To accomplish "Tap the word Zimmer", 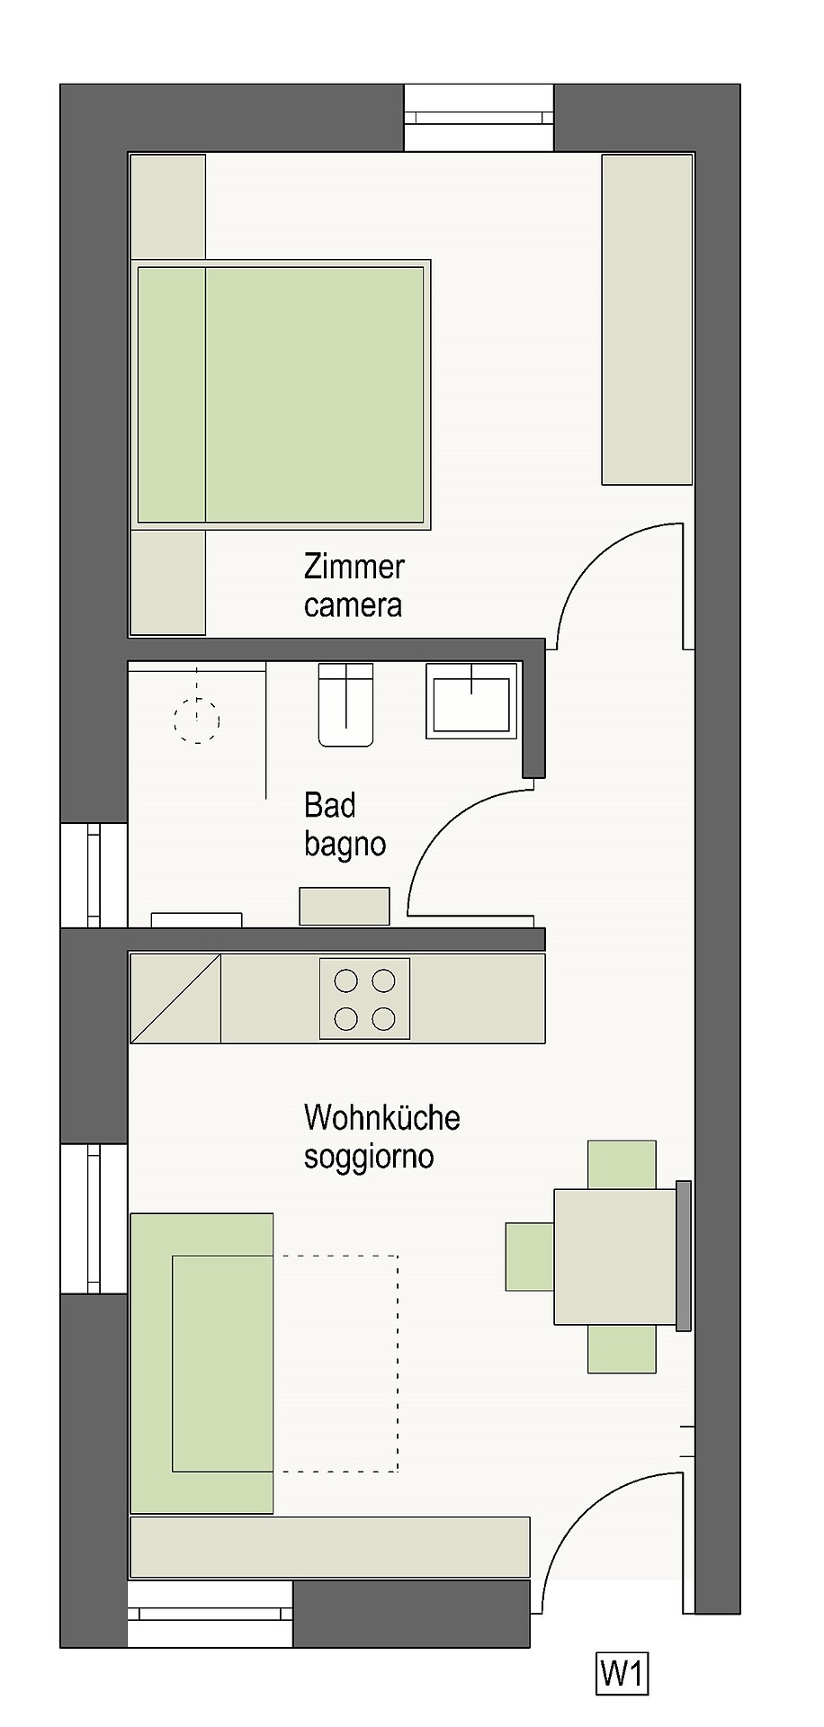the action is (x=354, y=567).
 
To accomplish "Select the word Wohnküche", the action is (x=382, y=1117).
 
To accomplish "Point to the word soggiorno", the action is (x=369, y=1157).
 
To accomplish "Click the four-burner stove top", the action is (x=365, y=998).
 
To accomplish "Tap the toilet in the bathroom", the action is (x=346, y=704).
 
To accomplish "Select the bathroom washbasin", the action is (x=472, y=701).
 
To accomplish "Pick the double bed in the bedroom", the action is (x=281, y=395).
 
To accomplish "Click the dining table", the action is (x=616, y=1257).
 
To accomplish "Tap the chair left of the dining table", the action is (x=530, y=1257).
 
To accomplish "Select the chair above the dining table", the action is (x=622, y=1165).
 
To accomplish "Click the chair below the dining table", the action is (x=622, y=1348).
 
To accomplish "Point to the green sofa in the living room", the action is (x=202, y=1364).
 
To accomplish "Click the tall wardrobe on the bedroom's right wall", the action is (x=647, y=319).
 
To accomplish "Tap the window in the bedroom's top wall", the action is (x=479, y=118).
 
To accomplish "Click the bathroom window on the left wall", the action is (x=94, y=874).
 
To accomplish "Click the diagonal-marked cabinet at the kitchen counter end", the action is (x=175, y=998).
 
